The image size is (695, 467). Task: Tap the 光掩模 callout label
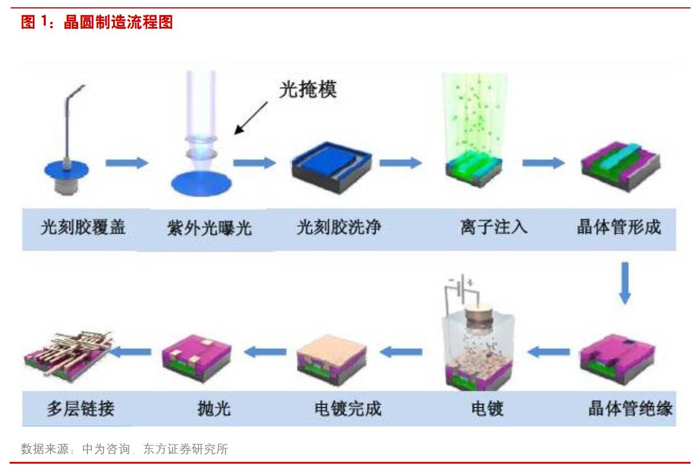pos(308,90)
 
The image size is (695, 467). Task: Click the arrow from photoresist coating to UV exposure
pos(126,163)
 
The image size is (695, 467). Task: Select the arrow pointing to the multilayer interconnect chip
pos(130,352)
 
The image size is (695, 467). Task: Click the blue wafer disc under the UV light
pos(201,184)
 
